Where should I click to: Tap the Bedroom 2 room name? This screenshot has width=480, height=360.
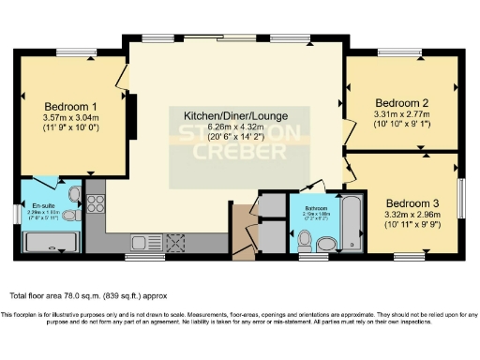pyautogui.click(x=401, y=103)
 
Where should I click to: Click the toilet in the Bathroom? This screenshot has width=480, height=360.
pyautogui.click(x=303, y=243)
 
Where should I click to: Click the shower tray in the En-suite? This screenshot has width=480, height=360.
pyautogui.click(x=52, y=244)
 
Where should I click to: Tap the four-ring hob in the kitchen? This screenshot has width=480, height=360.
pyautogui.click(x=96, y=202)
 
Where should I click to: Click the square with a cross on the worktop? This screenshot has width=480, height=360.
pyautogui.click(x=174, y=242)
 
